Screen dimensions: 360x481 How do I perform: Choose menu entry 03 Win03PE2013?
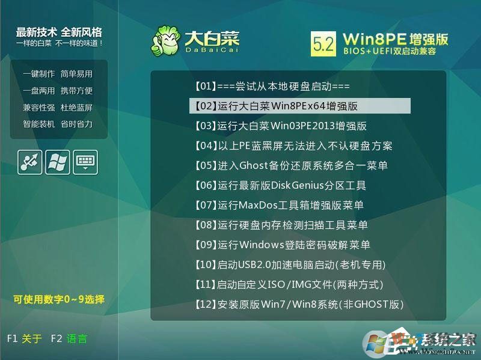pos(280,126)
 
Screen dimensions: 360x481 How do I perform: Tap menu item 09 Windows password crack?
pos(282,245)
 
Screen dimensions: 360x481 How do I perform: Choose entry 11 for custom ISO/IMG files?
pos(289,285)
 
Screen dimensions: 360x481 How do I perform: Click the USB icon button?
pos(30,162)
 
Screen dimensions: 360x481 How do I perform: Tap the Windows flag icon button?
pos(58,162)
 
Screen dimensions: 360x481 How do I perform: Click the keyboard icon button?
pos(85,162)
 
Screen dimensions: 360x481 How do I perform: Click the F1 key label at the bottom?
pos(12,339)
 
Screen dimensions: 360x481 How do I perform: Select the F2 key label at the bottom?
pos(57,339)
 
